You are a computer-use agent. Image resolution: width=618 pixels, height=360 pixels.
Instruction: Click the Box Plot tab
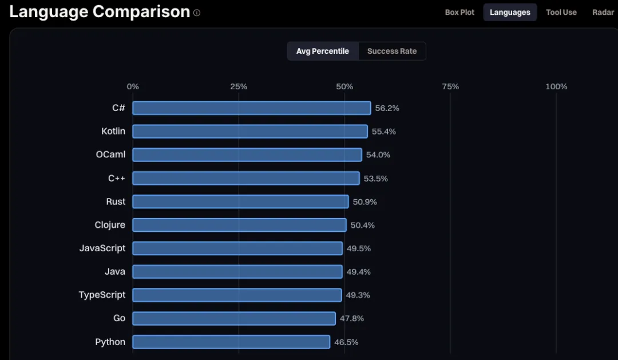(x=459, y=12)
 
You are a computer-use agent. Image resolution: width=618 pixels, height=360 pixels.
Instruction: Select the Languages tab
(x=510, y=12)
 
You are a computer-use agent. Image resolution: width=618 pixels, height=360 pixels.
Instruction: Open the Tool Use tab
(x=561, y=12)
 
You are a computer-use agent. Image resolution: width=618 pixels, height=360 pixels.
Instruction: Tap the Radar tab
(x=604, y=12)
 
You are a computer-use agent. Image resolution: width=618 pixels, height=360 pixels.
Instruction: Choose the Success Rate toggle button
(x=392, y=52)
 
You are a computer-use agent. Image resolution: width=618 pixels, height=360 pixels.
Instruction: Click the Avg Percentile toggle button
(x=323, y=52)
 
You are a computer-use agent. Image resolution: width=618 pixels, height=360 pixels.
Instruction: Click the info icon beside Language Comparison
(x=197, y=13)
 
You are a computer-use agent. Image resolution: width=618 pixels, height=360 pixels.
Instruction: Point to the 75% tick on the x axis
(x=450, y=86)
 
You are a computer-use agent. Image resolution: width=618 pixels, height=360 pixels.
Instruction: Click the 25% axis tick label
(x=239, y=86)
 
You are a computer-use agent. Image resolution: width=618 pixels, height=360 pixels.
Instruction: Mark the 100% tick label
(x=556, y=86)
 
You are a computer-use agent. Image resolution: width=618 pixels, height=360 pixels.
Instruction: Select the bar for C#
(x=251, y=108)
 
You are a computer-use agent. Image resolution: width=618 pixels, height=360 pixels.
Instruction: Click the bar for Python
(x=231, y=342)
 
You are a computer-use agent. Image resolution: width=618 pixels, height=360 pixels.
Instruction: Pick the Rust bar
(x=240, y=201)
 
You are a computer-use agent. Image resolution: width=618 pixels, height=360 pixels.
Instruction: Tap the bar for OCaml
(x=247, y=155)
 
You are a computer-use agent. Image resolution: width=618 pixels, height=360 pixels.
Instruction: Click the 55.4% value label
(x=384, y=132)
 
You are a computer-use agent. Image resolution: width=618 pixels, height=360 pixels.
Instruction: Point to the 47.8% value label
(x=351, y=319)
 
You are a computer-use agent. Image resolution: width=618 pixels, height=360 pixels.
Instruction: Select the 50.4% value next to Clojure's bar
(x=363, y=225)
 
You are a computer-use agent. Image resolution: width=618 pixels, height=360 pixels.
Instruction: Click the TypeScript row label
(x=102, y=295)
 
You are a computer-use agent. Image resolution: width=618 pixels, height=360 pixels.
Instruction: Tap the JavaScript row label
(x=102, y=248)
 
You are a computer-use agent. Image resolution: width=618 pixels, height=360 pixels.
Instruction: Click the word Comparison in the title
(x=141, y=12)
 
